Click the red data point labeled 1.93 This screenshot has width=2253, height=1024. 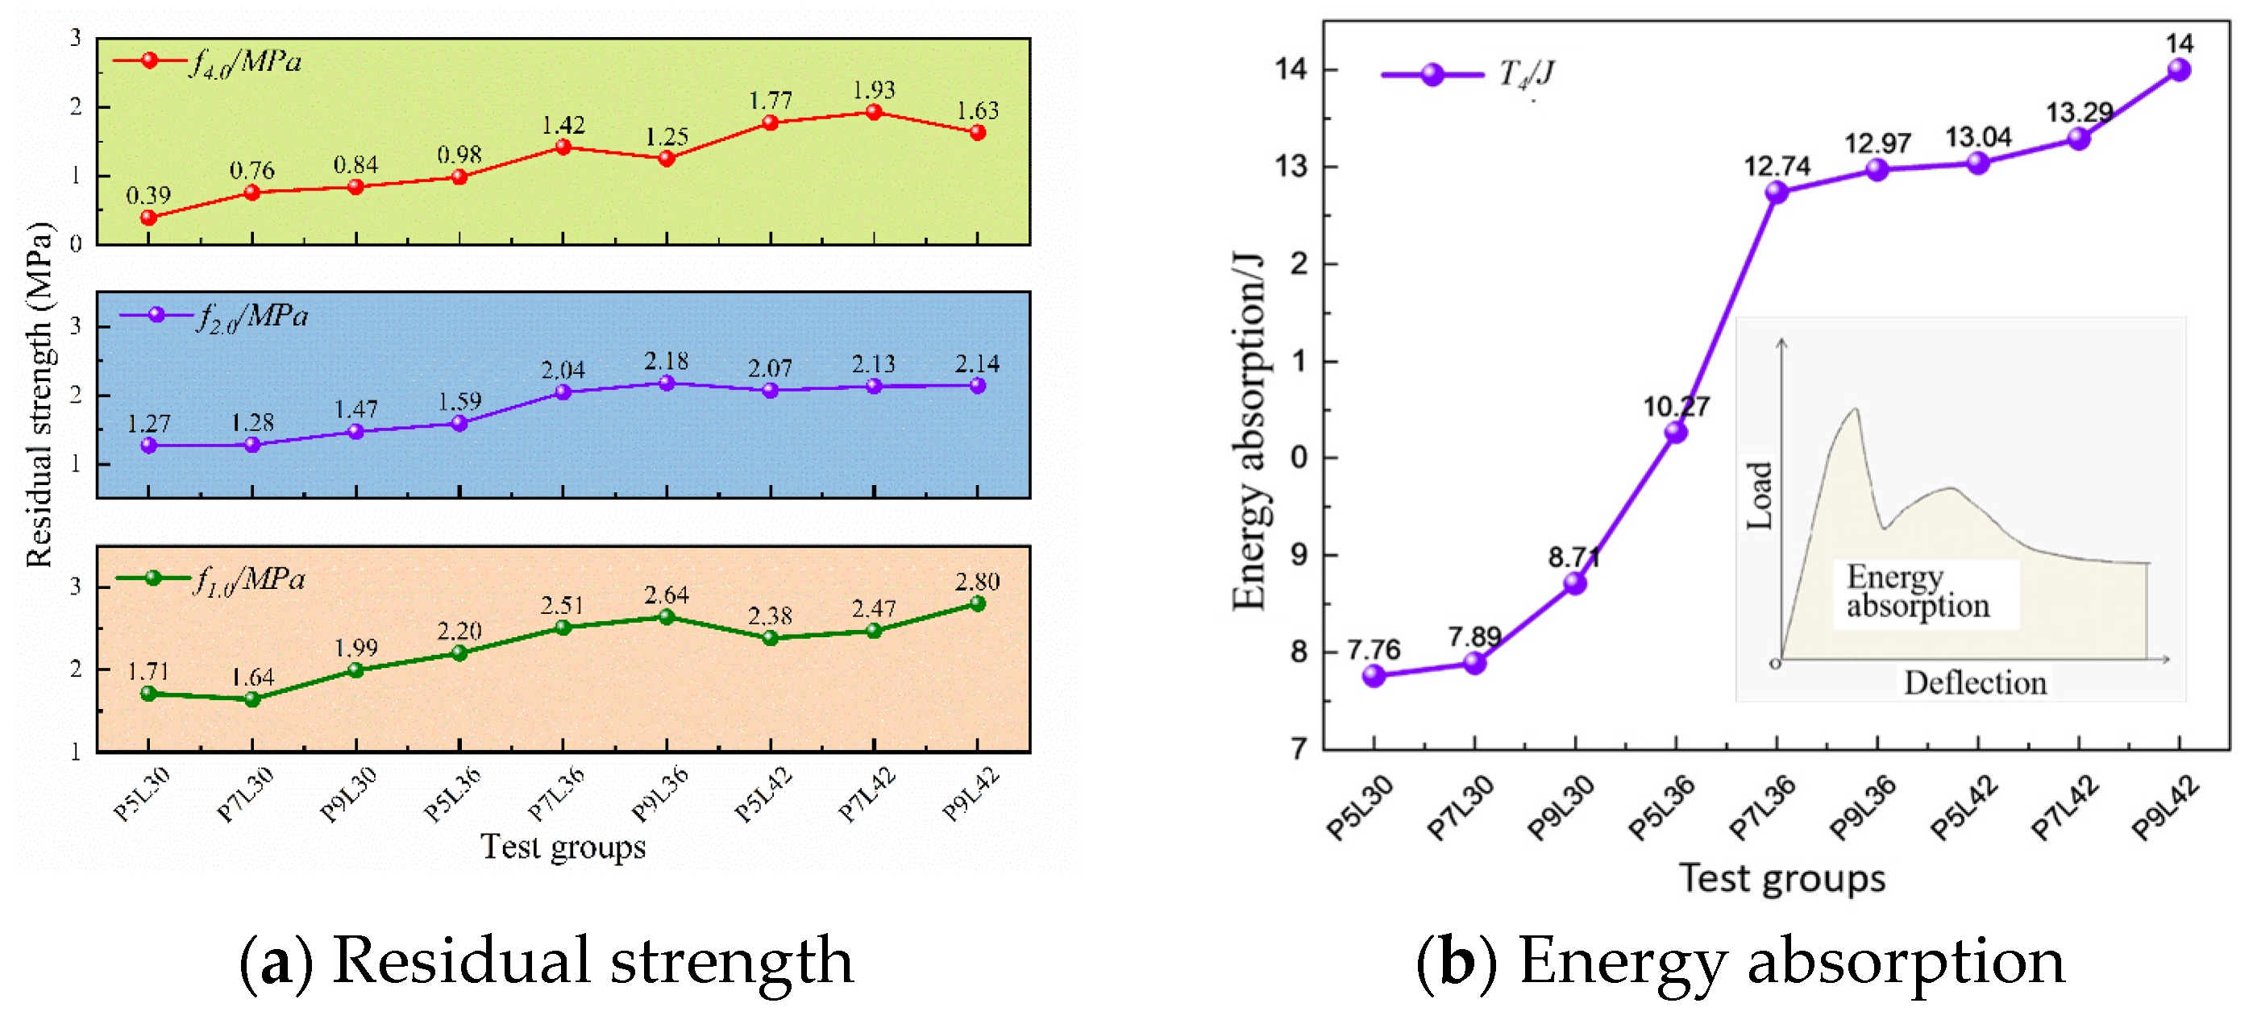tap(874, 112)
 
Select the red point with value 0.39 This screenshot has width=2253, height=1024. tap(148, 218)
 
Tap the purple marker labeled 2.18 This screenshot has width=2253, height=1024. tap(667, 383)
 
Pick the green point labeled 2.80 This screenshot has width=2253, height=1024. tap(978, 603)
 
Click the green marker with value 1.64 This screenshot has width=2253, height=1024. tap(251, 699)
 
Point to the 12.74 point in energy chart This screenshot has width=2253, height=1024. tap(1777, 193)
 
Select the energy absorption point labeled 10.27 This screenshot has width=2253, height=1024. tap(1676, 432)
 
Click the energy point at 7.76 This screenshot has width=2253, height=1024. tap(1374, 675)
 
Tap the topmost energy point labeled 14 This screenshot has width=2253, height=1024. tap(2179, 70)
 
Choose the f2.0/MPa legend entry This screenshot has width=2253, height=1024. tap(215, 316)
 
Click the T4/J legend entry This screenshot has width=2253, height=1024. tap(1469, 74)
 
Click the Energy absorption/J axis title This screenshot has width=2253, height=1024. tap(1249, 432)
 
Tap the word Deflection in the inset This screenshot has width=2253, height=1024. tap(1975, 683)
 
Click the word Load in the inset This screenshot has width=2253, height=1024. tap(1759, 495)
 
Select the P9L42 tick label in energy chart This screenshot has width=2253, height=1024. tap(2164, 809)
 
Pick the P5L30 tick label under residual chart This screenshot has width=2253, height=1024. tap(142, 794)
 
